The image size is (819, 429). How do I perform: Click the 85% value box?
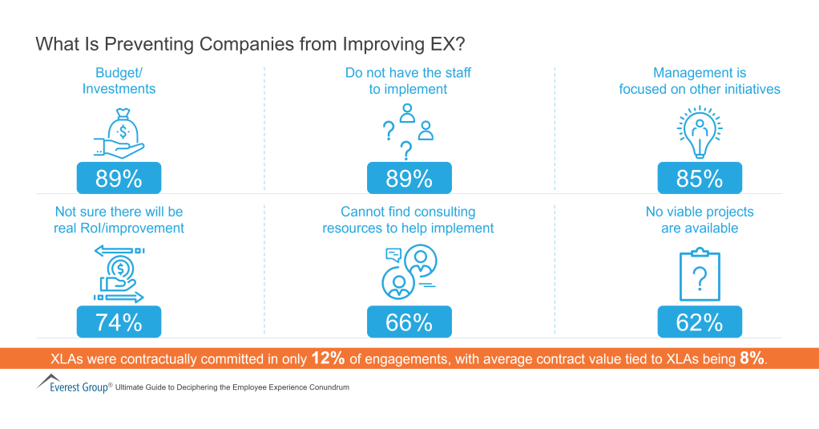(700, 178)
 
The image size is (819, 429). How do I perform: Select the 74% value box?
(119, 322)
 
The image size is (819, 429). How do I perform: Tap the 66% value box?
(409, 322)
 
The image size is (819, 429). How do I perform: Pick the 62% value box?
(700, 322)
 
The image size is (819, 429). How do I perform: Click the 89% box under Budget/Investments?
(119, 178)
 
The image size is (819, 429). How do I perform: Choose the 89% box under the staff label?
(409, 178)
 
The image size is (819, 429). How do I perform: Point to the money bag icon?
(119, 132)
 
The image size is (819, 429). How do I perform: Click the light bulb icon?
(700, 132)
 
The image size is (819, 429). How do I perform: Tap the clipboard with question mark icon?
(700, 276)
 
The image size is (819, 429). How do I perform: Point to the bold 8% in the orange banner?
(752, 358)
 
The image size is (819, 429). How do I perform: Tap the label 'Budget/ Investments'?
(119, 80)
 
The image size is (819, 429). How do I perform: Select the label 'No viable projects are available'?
(700, 220)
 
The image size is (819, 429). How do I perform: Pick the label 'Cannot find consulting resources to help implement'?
(408, 220)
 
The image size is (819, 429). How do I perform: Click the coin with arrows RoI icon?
(119, 275)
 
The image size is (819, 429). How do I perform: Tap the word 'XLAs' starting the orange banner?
(68, 359)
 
